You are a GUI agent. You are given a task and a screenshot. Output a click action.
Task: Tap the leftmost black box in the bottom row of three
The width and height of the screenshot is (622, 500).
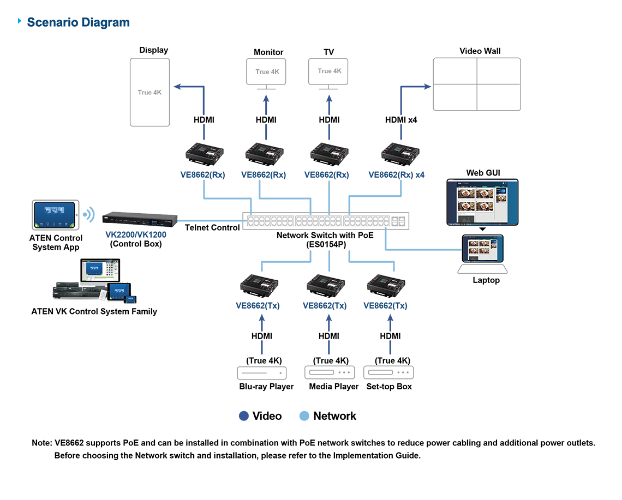[259, 285]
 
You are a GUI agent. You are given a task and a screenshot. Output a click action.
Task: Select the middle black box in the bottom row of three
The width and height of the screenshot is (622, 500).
[326, 285]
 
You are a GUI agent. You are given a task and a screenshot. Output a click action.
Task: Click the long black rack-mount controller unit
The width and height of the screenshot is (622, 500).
[138, 221]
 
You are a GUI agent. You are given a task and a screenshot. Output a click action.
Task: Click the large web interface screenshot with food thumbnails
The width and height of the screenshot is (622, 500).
[480, 202]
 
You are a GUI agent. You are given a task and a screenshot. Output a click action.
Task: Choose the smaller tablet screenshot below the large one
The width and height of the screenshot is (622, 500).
[482, 249]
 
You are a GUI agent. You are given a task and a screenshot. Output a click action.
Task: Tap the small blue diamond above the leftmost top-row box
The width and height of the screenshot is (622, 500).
[204, 130]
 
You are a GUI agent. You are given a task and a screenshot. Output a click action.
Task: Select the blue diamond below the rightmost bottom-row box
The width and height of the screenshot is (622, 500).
[388, 347]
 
